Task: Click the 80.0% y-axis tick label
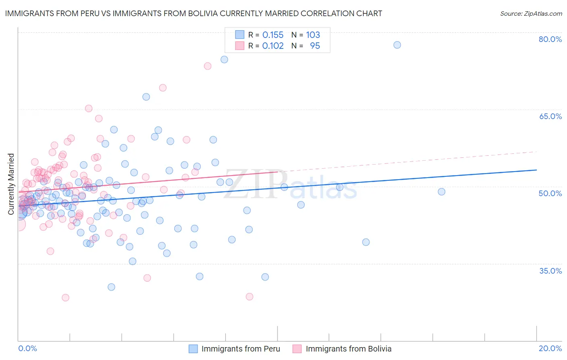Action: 550,39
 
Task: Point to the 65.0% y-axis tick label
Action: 550,116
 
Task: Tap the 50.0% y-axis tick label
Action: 550,193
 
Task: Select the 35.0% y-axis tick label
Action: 550,270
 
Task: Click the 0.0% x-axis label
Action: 27,348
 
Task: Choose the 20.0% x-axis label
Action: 550,348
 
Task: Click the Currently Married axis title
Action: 11,184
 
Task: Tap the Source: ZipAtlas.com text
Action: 531,13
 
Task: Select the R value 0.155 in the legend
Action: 273,35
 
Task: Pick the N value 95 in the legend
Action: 315,46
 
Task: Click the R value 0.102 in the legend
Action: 273,46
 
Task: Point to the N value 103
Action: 313,35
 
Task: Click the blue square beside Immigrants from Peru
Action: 193,349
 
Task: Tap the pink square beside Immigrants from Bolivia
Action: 297,349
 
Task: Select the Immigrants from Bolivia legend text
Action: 348,349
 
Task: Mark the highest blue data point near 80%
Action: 397,45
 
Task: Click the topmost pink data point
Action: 207,66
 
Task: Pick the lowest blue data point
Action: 111,287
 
